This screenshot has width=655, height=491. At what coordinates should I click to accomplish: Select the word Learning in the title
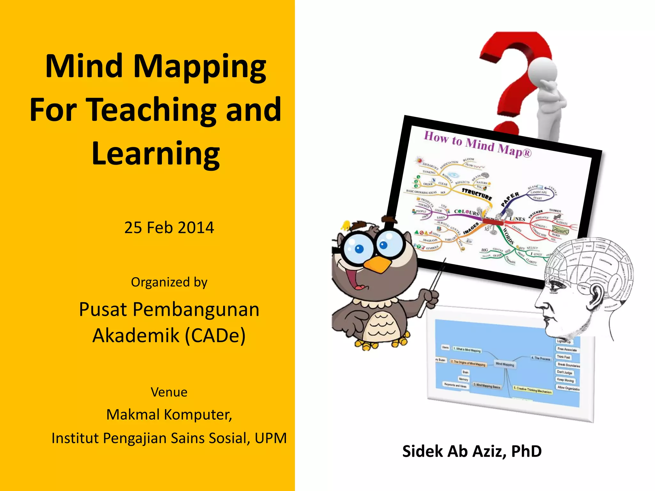pyautogui.click(x=156, y=154)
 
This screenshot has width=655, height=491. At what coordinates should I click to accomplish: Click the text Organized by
pyautogui.click(x=169, y=282)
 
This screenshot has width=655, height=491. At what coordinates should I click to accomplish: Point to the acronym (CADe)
pyautogui.click(x=216, y=335)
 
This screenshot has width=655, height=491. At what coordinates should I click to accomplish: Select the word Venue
pyautogui.click(x=169, y=392)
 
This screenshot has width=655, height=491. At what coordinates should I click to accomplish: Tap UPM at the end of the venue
pyautogui.click(x=271, y=438)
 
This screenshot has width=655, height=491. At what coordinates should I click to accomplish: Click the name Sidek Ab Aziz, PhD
pyautogui.click(x=472, y=451)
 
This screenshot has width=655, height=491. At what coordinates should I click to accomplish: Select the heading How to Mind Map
pyautogui.click(x=477, y=144)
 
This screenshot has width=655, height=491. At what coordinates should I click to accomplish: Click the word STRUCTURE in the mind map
pyautogui.click(x=477, y=194)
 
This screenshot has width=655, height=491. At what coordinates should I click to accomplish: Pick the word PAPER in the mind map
pyautogui.click(x=510, y=199)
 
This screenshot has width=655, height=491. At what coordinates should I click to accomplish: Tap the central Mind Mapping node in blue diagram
pyautogui.click(x=505, y=364)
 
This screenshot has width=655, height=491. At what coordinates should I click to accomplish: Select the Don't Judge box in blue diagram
pyautogui.click(x=564, y=372)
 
